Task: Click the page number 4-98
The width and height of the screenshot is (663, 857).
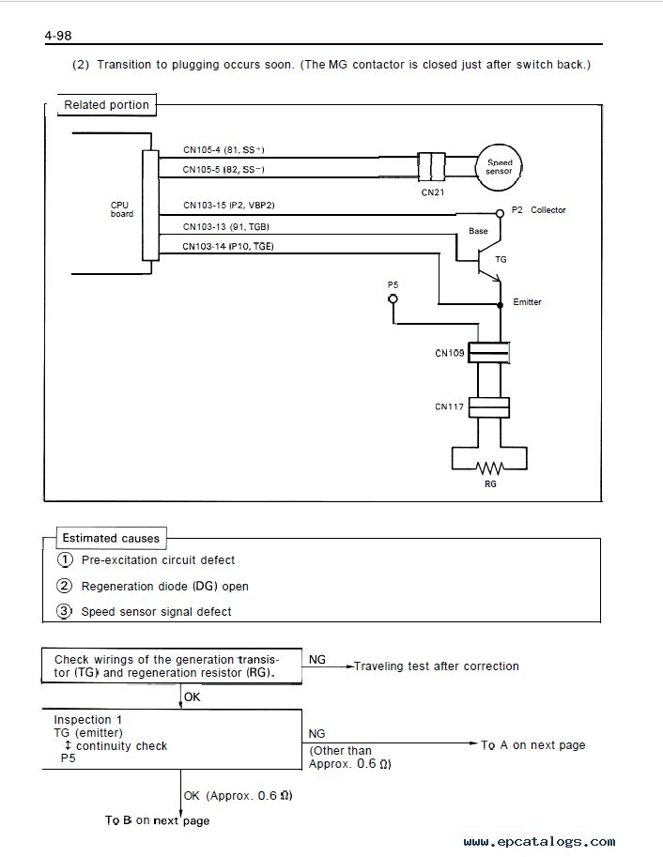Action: tap(58, 36)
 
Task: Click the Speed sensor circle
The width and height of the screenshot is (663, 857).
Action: tap(499, 147)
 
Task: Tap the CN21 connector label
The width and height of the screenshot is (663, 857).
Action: tap(433, 192)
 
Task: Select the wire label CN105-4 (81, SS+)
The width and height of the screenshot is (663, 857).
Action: tap(224, 150)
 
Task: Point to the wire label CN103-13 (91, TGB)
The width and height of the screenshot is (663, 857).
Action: tap(226, 227)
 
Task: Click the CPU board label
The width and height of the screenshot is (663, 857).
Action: tap(121, 209)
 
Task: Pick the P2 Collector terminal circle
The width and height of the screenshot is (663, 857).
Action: tap(500, 213)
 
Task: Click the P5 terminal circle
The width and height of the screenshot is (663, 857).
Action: tap(393, 299)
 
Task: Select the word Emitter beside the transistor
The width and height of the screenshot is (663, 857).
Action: tap(527, 301)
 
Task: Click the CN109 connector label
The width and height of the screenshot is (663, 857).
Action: tap(450, 353)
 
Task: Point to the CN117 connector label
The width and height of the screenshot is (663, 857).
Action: tap(449, 406)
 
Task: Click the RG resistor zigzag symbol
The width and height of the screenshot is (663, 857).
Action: tap(489, 468)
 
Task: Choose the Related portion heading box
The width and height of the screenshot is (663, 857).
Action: tap(107, 105)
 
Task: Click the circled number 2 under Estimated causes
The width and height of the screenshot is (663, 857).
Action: tap(64, 586)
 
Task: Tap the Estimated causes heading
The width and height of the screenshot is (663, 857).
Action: tap(111, 539)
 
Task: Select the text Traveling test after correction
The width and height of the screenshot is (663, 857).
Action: tap(437, 666)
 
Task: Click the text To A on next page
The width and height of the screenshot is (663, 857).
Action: tap(533, 745)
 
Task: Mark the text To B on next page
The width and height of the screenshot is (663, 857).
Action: tap(158, 820)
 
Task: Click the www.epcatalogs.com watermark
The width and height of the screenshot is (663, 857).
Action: tap(539, 842)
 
